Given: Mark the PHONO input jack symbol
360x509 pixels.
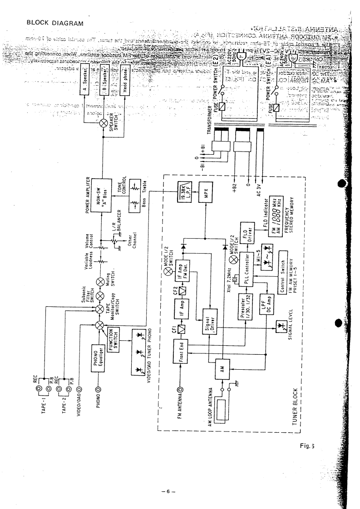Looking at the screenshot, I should coord(98,389).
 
